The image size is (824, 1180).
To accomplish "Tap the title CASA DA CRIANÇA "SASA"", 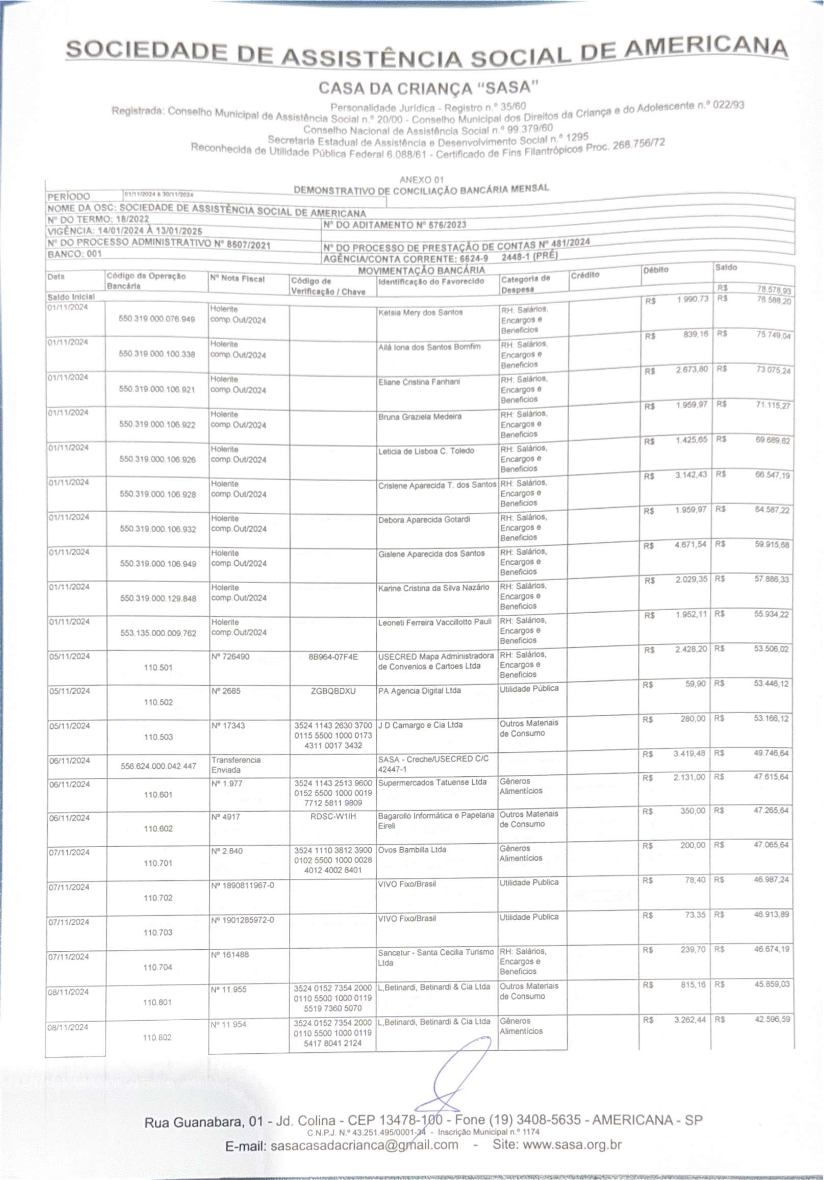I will coord(428,88).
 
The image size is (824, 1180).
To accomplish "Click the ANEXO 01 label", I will coord(421,180).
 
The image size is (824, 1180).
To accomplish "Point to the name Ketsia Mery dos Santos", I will coord(420,313).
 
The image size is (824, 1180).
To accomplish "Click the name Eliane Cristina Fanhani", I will coord(419,382).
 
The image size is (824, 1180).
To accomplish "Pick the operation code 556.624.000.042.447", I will coord(158,766).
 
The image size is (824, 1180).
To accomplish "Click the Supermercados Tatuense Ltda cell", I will coord(432,782).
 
